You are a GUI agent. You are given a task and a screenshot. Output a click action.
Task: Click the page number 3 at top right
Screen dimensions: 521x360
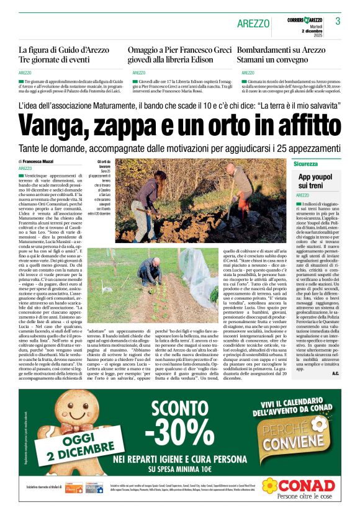coord(338,21)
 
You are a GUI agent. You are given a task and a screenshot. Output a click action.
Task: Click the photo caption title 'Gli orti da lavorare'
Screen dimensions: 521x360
coord(104,164)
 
